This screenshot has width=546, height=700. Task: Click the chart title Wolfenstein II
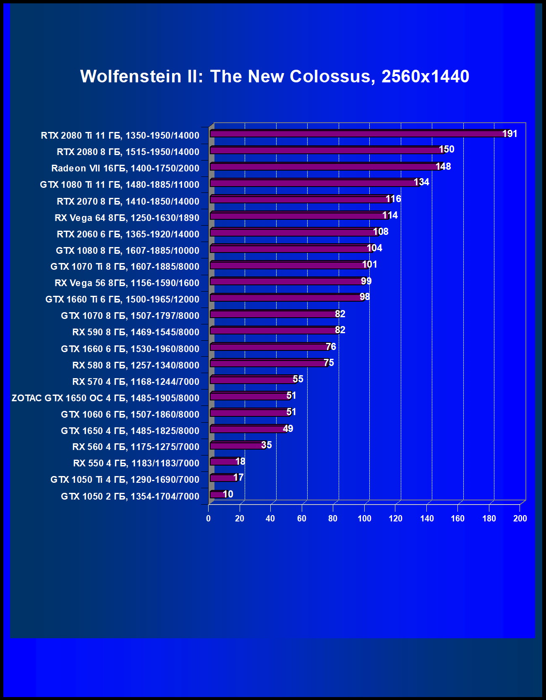(x=274, y=76)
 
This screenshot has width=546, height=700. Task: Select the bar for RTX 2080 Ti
(x=357, y=134)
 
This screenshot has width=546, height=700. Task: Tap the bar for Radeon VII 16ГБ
(x=323, y=167)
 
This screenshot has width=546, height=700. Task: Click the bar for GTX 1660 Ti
(x=285, y=298)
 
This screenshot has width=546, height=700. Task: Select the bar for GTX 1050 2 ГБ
(x=217, y=495)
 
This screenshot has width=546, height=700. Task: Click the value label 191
(x=510, y=134)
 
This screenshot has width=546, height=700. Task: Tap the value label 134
(x=421, y=182)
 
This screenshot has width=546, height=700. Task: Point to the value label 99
(x=366, y=281)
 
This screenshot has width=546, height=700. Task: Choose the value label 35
(x=266, y=445)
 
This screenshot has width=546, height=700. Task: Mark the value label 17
(x=238, y=477)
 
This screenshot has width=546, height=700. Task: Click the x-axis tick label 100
(x=364, y=518)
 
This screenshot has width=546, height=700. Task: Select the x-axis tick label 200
(x=520, y=518)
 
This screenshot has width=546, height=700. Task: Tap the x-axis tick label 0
(x=208, y=518)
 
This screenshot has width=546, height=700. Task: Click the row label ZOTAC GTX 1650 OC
(x=105, y=398)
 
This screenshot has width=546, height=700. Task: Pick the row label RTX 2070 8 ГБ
(x=128, y=201)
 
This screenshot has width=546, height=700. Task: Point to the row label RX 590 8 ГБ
(x=136, y=332)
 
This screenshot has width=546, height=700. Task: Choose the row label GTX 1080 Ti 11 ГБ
(x=120, y=184)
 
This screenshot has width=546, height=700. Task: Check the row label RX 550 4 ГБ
(x=136, y=463)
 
